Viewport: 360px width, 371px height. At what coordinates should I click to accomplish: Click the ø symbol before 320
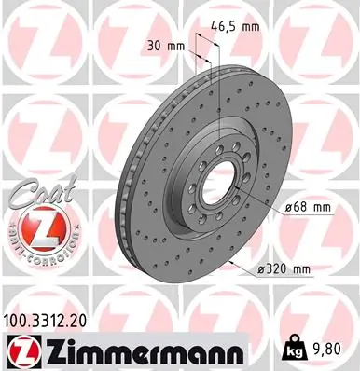(261, 269)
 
